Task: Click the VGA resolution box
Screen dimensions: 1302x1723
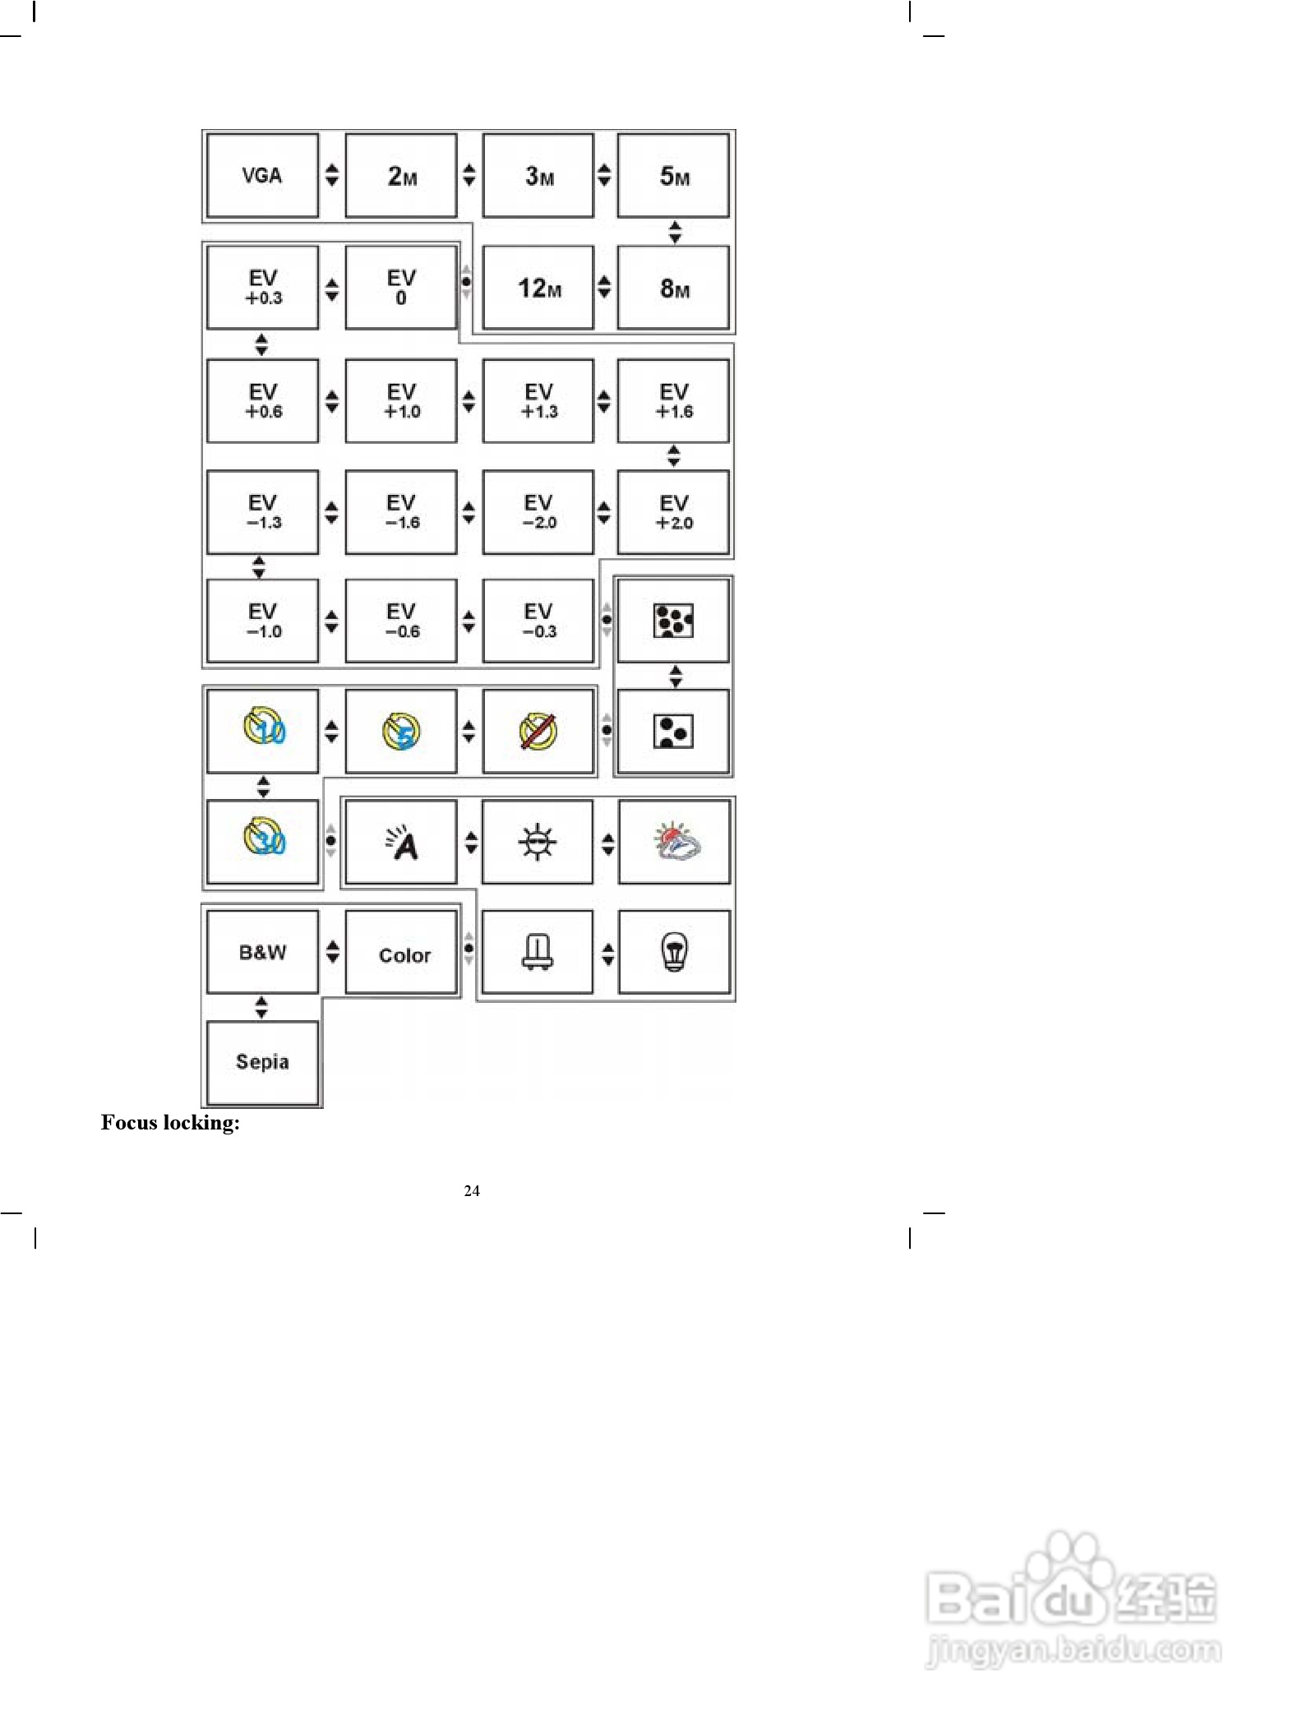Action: point(262,175)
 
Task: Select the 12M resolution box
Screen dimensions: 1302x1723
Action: point(538,288)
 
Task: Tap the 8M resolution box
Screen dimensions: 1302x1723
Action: point(673,288)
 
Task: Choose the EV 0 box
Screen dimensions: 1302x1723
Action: point(401,288)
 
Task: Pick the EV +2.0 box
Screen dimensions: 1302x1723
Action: point(673,512)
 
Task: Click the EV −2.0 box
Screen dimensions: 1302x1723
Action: point(538,512)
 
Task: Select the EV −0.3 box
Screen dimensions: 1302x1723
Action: point(538,621)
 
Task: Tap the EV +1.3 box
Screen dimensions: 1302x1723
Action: point(538,401)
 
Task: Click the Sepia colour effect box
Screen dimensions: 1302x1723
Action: point(262,1062)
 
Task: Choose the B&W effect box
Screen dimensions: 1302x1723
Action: point(262,952)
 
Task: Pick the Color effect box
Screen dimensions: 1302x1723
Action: point(401,954)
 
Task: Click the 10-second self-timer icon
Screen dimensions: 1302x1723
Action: point(263,730)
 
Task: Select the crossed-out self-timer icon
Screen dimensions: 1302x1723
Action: point(538,731)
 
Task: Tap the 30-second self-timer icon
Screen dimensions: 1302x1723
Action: point(263,840)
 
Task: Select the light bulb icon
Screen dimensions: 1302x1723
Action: point(674,953)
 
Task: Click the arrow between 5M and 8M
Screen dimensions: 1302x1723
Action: point(675,232)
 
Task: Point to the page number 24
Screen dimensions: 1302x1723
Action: point(472,1190)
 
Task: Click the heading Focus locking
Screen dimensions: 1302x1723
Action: point(170,1123)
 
